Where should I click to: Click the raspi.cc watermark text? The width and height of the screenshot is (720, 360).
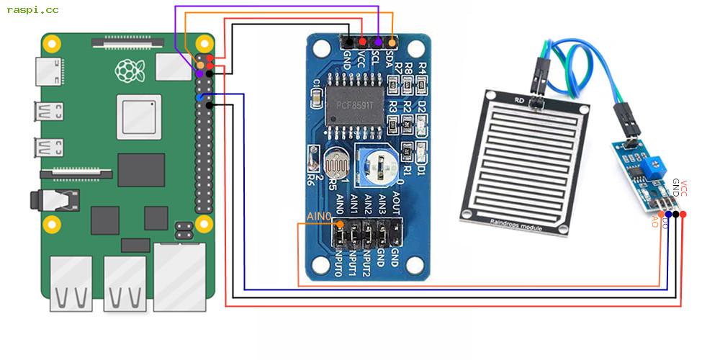(x=33, y=10)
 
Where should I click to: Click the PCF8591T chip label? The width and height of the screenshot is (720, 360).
(x=360, y=105)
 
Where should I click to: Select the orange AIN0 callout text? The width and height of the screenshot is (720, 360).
(x=319, y=216)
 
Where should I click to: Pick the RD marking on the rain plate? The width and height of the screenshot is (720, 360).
(x=519, y=99)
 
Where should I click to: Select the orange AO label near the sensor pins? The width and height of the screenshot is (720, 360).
(x=655, y=221)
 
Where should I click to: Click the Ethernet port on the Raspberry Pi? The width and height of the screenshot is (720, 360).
(x=179, y=277)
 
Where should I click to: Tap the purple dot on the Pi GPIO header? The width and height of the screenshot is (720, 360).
(x=199, y=73)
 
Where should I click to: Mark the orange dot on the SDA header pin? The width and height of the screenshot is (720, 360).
(x=392, y=43)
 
